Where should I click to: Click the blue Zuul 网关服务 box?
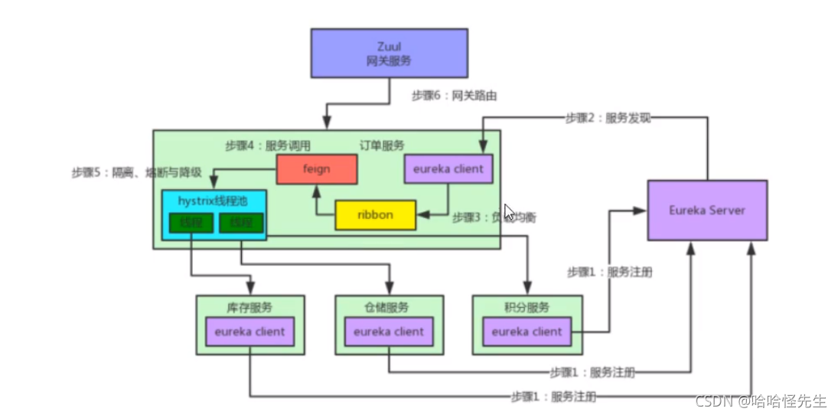389,53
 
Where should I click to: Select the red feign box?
316,169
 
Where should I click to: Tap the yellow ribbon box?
375,215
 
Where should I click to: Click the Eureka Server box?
707,210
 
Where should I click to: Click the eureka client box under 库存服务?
249,332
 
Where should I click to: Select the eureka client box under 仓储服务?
388,332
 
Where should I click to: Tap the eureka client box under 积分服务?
527,332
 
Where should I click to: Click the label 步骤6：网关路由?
448,96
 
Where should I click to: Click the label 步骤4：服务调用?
268,145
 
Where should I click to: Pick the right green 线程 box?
240,223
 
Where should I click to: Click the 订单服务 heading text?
382,145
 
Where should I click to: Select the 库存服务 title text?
249,308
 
